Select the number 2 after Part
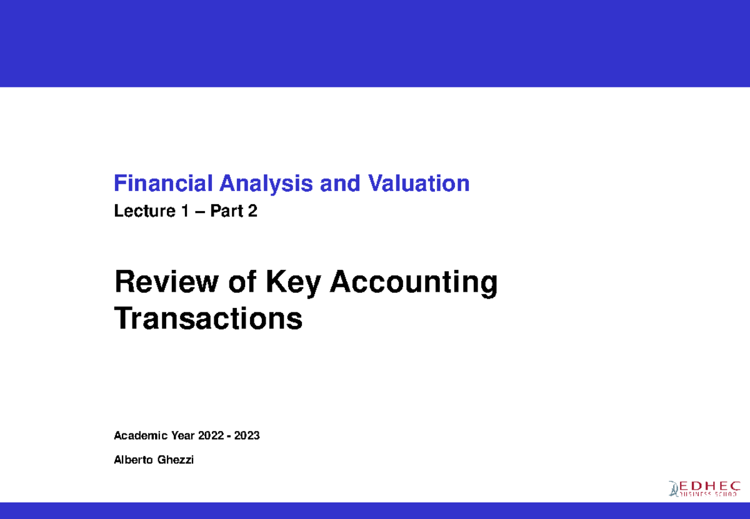click(252, 212)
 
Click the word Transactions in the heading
click(208, 320)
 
